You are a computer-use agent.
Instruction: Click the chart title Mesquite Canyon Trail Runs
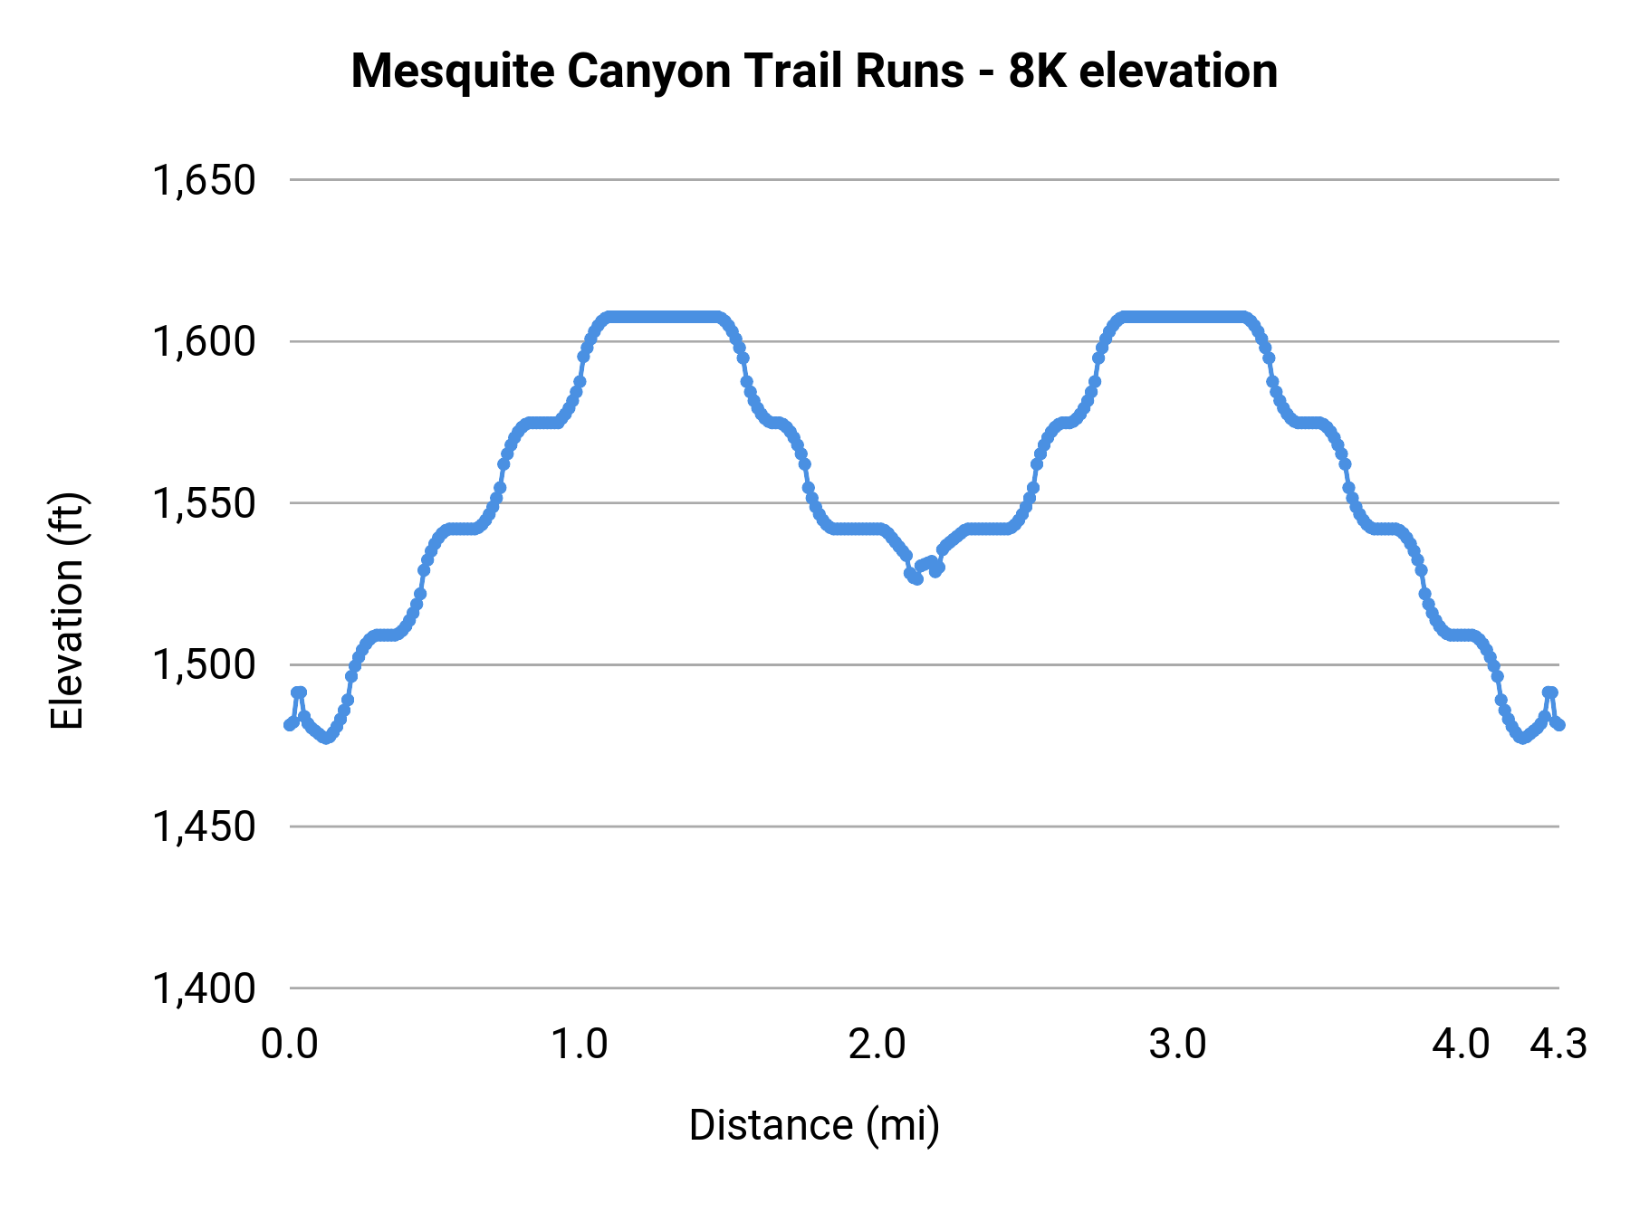pos(657,72)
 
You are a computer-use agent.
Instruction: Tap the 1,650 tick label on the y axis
pos(204,180)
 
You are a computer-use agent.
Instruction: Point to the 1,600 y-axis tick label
pos(204,342)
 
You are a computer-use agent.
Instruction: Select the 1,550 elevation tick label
pos(204,503)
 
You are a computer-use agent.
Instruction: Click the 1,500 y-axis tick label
pos(204,665)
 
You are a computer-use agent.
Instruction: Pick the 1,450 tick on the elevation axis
pos(204,826)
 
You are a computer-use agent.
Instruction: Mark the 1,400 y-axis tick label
pos(204,988)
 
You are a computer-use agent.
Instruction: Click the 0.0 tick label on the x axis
pos(290,1045)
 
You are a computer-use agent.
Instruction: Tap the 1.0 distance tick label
pos(580,1045)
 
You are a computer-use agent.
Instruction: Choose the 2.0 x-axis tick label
pos(877,1045)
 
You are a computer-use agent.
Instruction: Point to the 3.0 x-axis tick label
pos(1177,1045)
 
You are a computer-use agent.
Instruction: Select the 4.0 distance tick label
pos(1461,1045)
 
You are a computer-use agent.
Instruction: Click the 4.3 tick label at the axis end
pos(1558,1045)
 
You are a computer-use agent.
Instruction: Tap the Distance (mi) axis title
pos(814,1125)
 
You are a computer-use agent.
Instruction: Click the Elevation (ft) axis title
pos(67,611)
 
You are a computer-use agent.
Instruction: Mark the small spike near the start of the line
pos(299,692)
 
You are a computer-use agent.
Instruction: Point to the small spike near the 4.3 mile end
pos(1549,692)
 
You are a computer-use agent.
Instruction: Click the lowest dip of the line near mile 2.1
pos(916,578)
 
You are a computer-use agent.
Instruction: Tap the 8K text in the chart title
pos(1039,72)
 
